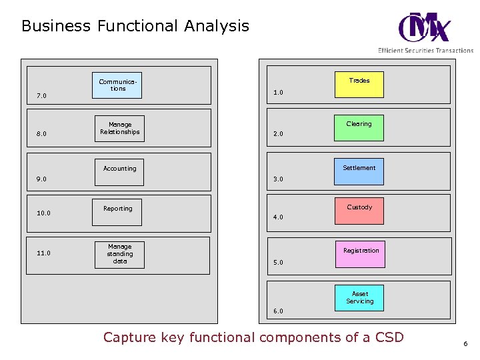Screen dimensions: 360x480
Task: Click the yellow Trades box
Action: click(359, 83)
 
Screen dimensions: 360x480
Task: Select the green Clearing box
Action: click(359, 127)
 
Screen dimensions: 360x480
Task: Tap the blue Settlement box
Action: click(359, 171)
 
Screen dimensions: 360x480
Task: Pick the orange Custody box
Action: click(359, 211)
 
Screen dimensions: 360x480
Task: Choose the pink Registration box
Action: click(361, 254)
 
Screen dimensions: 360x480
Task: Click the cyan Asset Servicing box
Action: click(359, 297)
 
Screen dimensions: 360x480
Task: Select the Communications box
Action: click(117, 85)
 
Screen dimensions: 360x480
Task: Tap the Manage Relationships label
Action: click(120, 128)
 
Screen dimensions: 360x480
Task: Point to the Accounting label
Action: click(120, 169)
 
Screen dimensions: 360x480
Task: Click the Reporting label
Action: click(118, 209)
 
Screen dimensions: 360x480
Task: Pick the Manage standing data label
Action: click(120, 253)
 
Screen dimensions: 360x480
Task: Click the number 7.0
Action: click(41, 96)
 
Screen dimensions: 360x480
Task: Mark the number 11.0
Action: click(43, 253)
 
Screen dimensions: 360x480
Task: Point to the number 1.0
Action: click(278, 93)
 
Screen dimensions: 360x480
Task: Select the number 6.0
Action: click(278, 311)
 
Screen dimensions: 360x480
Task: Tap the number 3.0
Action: click(278, 179)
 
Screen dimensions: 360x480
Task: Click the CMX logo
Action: click(425, 28)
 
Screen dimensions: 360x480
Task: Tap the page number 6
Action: click(465, 344)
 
